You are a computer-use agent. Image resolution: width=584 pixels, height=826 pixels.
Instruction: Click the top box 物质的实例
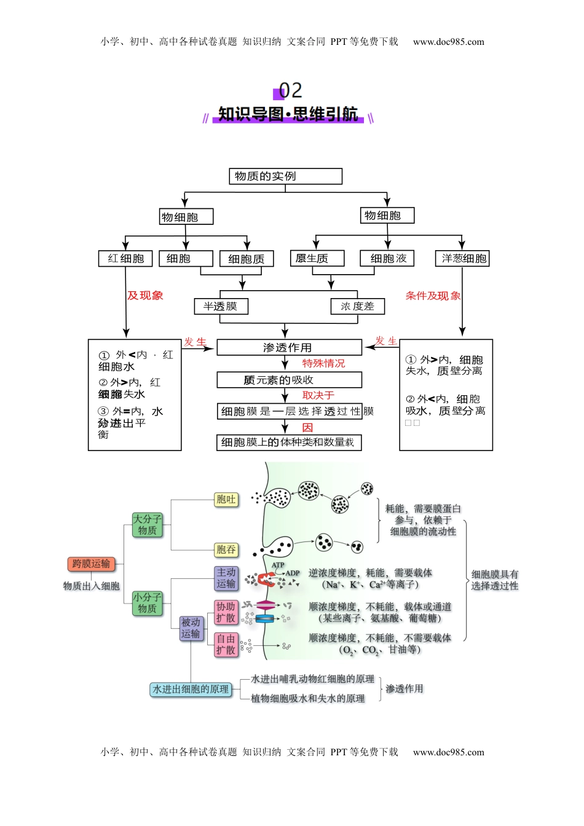coord(285,176)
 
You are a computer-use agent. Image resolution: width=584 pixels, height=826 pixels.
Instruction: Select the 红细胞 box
coord(125,259)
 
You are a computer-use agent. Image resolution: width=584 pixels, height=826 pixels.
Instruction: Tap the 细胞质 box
coord(247,259)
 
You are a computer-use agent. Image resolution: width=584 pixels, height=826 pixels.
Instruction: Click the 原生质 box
coord(317,258)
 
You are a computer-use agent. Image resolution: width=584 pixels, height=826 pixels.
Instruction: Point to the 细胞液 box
coord(387,258)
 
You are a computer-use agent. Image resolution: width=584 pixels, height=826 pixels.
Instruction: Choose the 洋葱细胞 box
coord(462,259)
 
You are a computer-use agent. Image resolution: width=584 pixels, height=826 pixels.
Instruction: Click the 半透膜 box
coord(221,306)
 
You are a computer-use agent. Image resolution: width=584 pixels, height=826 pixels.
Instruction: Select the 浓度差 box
coord(358,306)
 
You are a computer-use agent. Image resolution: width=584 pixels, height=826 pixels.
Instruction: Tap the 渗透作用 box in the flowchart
coord(289,348)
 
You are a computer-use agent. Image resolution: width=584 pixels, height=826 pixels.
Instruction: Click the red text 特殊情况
coord(323,364)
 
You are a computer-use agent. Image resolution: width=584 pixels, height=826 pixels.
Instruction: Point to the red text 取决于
coord(318,396)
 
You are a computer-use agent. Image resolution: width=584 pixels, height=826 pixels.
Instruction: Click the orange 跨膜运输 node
coord(91,564)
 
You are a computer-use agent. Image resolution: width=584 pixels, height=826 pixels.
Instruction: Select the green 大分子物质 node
coord(148,525)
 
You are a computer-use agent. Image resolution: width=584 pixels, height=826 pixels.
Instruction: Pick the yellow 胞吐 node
coord(226,500)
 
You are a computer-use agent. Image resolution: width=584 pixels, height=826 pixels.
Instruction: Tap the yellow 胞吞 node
coord(226,549)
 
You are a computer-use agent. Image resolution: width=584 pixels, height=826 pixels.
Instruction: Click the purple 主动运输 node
coord(226,578)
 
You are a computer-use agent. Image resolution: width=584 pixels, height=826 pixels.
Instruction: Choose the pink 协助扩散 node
coord(226,612)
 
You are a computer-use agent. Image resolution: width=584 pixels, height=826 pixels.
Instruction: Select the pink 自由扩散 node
coord(226,645)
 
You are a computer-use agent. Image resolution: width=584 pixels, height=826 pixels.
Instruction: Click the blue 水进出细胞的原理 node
coord(191,690)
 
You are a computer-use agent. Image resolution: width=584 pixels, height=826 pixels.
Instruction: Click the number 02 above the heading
coord(291,91)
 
